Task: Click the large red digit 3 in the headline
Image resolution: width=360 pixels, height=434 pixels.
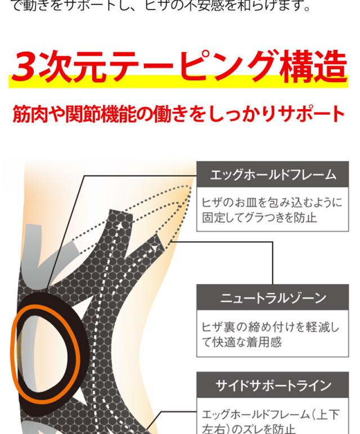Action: (x=27, y=66)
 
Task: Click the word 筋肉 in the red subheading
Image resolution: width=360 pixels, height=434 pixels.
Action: (x=30, y=114)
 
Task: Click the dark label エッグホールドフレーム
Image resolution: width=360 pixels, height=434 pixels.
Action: (x=273, y=174)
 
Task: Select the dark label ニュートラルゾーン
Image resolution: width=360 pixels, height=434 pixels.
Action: (x=273, y=297)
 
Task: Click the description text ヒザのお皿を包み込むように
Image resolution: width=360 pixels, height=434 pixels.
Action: (x=272, y=202)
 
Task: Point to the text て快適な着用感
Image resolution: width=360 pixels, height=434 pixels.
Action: (x=242, y=341)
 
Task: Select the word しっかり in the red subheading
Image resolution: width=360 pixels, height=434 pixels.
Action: (x=236, y=114)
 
